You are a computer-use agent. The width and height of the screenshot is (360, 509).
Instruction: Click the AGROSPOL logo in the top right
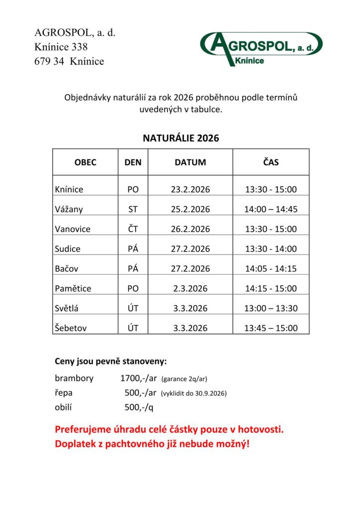tap(261, 48)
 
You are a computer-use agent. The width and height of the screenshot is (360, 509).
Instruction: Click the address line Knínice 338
tap(61, 47)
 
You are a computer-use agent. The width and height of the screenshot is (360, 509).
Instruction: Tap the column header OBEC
tap(85, 163)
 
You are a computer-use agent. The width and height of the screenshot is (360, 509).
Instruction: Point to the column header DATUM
tap(190, 163)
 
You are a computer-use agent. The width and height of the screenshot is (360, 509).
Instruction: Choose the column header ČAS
tap(270, 163)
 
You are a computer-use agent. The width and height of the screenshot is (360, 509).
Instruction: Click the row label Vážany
tap(69, 209)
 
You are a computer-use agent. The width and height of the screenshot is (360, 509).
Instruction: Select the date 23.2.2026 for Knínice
tap(190, 189)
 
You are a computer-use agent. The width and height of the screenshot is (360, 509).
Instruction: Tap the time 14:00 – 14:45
tap(270, 209)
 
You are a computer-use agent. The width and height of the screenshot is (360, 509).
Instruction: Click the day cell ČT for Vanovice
tap(133, 229)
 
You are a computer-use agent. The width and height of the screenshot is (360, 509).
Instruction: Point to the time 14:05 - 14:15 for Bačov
tap(270, 269)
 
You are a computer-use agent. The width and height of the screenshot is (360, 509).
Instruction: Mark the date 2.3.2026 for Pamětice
tap(190, 288)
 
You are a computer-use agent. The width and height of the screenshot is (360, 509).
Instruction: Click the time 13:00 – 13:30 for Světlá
tap(270, 308)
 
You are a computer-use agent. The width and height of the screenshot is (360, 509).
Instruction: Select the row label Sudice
tap(68, 249)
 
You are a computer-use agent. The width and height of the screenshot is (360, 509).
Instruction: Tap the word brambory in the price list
tap(74, 378)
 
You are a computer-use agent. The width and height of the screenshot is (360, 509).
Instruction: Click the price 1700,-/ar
tap(139, 378)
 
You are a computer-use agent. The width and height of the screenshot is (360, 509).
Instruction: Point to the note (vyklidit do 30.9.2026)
tap(194, 394)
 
